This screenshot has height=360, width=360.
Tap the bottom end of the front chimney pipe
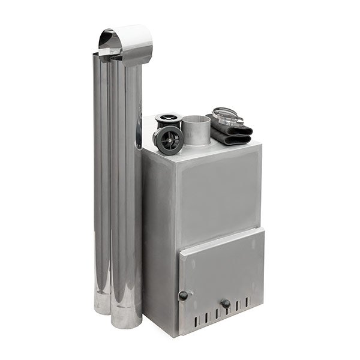[x=127, y=321]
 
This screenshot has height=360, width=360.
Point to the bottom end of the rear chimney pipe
[x=102, y=307]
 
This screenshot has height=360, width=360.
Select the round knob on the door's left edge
[x=183, y=295]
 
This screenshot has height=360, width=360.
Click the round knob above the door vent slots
[x=226, y=304]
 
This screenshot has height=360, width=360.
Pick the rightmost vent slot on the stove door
[x=247, y=302]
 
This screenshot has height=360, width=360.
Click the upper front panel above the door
[x=220, y=192]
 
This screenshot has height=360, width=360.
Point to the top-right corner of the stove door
[x=263, y=228]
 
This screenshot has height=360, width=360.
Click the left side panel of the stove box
[x=159, y=240]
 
